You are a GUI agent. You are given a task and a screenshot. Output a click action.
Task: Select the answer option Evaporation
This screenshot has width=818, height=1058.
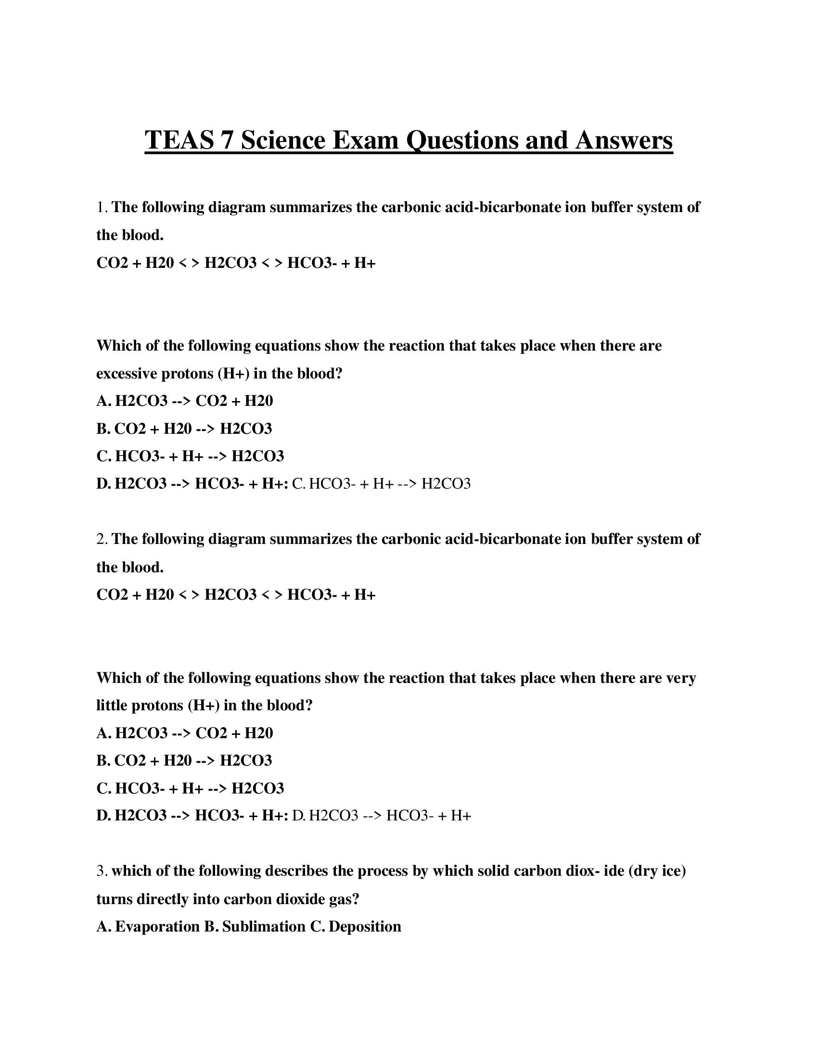point(157,927)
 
